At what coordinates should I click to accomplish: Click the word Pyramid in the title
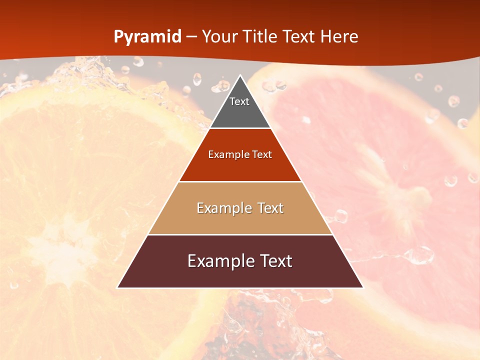click(147, 37)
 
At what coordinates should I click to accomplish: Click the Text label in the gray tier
click(239, 101)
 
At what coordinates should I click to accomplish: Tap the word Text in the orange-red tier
click(262, 155)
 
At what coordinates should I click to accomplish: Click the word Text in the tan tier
click(270, 208)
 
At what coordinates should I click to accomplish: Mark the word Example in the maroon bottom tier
click(219, 261)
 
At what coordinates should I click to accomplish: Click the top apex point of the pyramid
click(240, 76)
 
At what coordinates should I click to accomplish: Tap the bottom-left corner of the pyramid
click(118, 287)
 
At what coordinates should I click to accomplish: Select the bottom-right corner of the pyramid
click(362, 287)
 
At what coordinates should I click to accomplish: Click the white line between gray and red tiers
click(240, 128)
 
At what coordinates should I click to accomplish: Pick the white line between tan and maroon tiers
click(240, 234)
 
